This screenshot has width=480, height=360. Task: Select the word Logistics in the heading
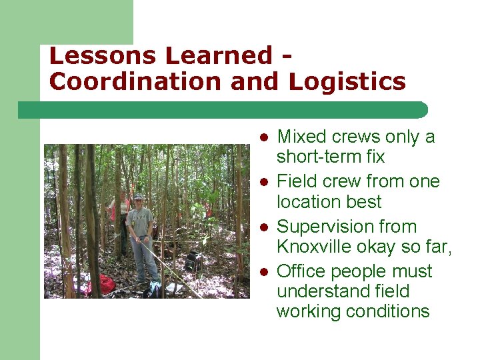pos(347,81)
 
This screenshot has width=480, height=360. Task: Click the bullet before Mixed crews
pos(264,137)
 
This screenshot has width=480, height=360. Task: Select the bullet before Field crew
pos(264,182)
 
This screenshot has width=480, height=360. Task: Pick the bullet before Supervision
pos(264,227)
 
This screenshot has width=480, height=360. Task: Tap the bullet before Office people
pos(264,272)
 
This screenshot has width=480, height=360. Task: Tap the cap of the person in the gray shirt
pos(138,197)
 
